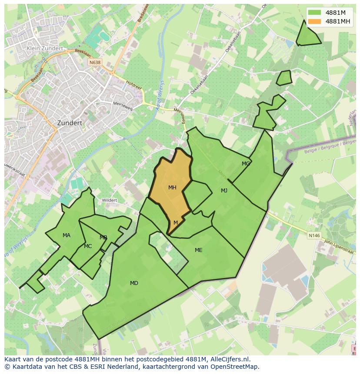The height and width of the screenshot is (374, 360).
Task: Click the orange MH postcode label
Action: point(172,188)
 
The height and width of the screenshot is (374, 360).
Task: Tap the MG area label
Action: point(246,164)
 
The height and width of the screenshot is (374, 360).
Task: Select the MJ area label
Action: point(224,191)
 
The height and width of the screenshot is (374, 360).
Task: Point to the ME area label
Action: point(198,250)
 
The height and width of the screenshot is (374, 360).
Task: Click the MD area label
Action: point(134,283)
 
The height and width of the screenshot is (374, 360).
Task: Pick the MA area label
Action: point(66,235)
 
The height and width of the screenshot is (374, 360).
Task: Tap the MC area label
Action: point(88,246)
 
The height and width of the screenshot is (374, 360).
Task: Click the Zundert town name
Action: point(70,123)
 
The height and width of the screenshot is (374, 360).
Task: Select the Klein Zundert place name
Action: point(45,49)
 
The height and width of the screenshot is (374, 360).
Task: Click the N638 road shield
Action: point(95,63)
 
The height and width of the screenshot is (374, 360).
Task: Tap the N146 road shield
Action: point(314,235)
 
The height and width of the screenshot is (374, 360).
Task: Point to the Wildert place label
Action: point(109,200)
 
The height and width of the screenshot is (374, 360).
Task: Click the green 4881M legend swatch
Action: point(314,13)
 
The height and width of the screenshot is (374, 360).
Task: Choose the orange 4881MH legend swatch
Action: point(314,21)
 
